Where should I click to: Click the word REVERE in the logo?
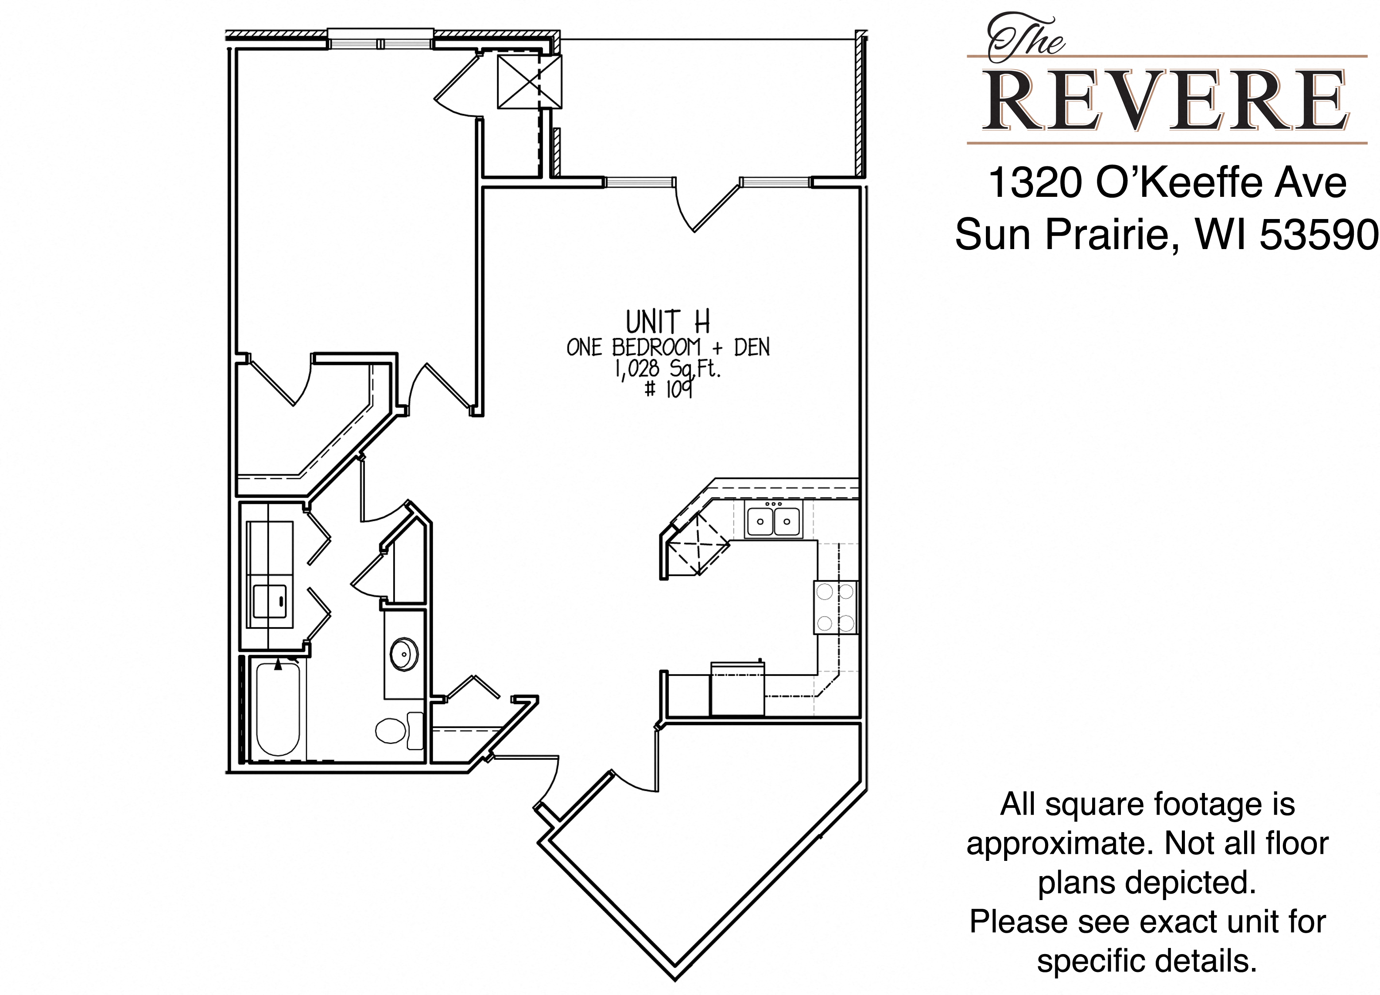pyautogui.click(x=1167, y=101)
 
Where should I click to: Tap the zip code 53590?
pyautogui.click(x=1318, y=235)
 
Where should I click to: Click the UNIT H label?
pyautogui.click(x=668, y=321)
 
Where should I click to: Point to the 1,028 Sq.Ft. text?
pyautogui.click(x=668, y=369)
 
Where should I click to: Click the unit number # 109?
pyautogui.click(x=669, y=389)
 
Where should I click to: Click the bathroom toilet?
pyautogui.click(x=399, y=730)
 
